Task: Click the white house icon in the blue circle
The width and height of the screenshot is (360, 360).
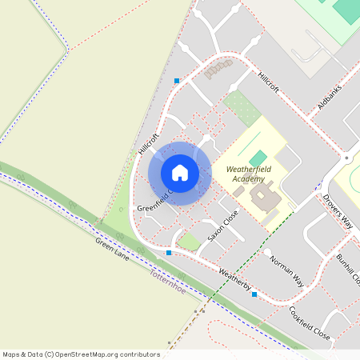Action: (x=180, y=172)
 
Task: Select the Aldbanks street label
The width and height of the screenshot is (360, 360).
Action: (x=329, y=94)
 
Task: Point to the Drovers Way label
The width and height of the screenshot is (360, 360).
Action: (x=338, y=211)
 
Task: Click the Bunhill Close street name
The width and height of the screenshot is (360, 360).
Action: (x=349, y=270)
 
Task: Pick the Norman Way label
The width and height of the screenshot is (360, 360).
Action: (x=286, y=270)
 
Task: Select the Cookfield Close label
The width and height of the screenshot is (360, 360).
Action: (x=310, y=322)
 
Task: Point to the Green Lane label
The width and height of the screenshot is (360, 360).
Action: (x=112, y=251)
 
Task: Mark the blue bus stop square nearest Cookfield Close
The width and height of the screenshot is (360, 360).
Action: (x=254, y=294)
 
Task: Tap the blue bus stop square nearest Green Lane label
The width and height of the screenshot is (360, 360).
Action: (x=169, y=253)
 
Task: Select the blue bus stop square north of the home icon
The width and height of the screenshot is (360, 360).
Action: (x=177, y=80)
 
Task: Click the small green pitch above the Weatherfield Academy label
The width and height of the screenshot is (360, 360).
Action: (x=258, y=158)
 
